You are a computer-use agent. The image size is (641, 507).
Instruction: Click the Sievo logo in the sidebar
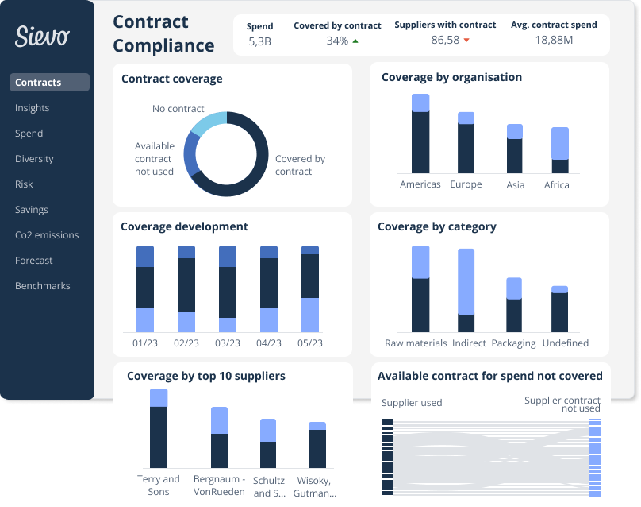click(42, 35)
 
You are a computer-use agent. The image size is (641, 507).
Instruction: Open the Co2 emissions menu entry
click(47, 235)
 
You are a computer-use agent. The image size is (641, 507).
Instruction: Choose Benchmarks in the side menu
click(43, 286)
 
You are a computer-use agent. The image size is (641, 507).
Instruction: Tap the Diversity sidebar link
click(34, 159)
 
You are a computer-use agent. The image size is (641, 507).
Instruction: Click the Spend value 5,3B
click(259, 41)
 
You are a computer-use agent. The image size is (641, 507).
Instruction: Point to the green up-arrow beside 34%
click(355, 41)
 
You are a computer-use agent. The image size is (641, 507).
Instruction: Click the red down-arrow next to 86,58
click(466, 41)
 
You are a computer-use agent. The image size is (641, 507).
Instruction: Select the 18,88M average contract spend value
click(555, 41)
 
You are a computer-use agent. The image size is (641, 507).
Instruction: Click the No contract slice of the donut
click(208, 124)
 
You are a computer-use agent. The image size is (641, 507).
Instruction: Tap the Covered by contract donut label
click(299, 165)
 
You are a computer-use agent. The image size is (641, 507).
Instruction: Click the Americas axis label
click(420, 184)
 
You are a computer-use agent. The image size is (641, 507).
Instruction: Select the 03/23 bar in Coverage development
click(228, 288)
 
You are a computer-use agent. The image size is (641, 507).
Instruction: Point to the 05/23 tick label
click(310, 343)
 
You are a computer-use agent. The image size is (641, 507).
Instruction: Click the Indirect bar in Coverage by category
click(466, 290)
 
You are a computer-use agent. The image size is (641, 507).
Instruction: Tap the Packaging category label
click(514, 343)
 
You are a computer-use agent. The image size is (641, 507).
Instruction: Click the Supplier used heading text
click(412, 403)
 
